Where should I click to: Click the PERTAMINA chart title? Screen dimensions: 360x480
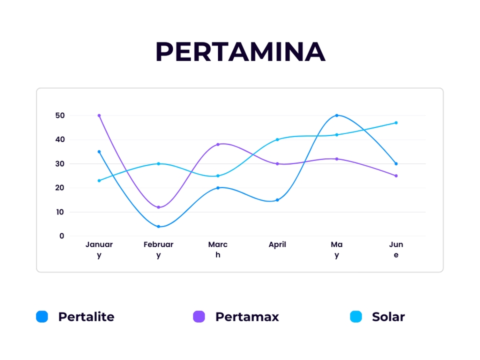(x=240, y=51)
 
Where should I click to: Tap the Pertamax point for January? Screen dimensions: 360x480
(x=99, y=115)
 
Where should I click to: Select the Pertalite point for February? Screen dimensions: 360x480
(x=158, y=226)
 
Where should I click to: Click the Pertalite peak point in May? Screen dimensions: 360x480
(x=336, y=115)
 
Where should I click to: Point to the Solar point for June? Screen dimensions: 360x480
(x=396, y=122)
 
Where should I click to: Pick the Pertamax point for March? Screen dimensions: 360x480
(x=218, y=144)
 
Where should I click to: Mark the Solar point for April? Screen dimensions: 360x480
(x=277, y=139)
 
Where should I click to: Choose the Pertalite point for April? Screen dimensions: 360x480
(x=277, y=200)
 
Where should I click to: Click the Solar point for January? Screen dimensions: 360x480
(x=99, y=180)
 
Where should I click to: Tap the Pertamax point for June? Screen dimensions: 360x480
(x=396, y=175)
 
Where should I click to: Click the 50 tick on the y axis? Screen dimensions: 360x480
(x=60, y=115)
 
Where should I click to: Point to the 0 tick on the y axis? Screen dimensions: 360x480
(x=62, y=236)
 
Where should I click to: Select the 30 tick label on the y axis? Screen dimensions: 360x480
(x=60, y=163)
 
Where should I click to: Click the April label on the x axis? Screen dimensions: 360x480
(x=277, y=244)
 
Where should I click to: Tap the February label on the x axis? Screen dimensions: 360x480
(x=158, y=249)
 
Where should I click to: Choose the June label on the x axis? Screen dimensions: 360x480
(x=396, y=249)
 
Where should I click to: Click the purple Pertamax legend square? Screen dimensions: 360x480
(x=199, y=316)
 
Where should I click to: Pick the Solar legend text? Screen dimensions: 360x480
(x=388, y=316)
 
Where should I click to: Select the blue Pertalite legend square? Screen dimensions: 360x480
(x=42, y=316)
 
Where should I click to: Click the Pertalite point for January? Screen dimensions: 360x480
(x=99, y=151)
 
